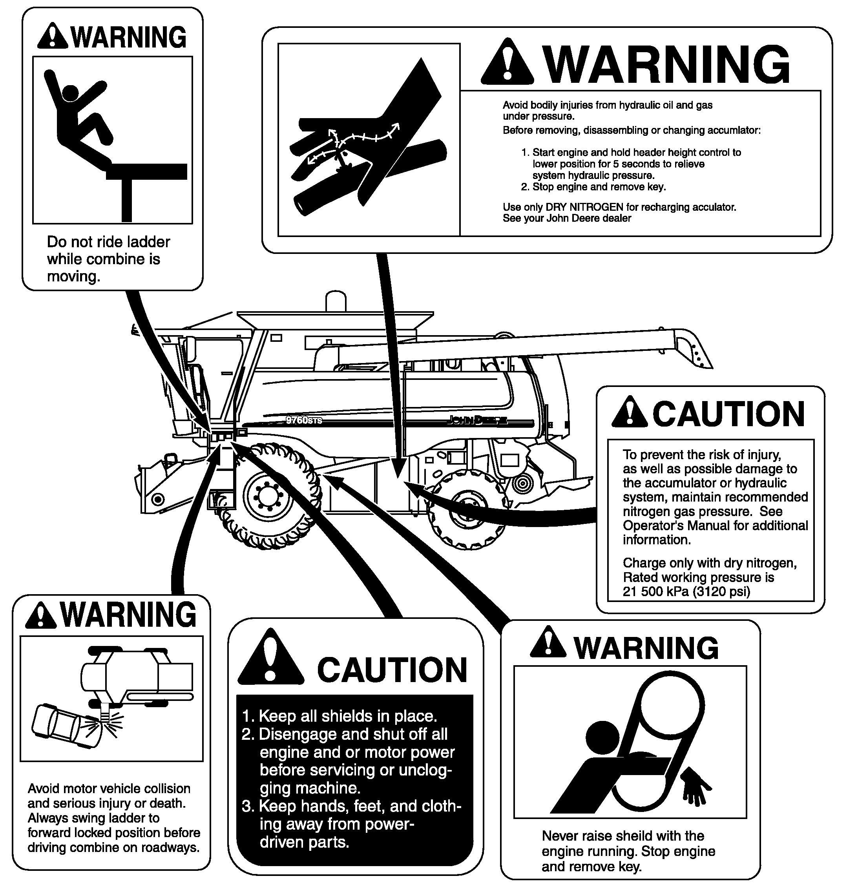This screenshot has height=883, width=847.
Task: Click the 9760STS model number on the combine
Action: pos(304,420)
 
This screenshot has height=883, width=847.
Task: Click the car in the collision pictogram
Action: pos(65,725)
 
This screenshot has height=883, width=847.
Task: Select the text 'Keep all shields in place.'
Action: pos(347,716)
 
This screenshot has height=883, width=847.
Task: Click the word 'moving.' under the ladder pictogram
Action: pos(73,276)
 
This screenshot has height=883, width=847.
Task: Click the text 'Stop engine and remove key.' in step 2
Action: pos(599,186)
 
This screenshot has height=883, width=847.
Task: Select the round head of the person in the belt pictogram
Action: pos(604,737)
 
